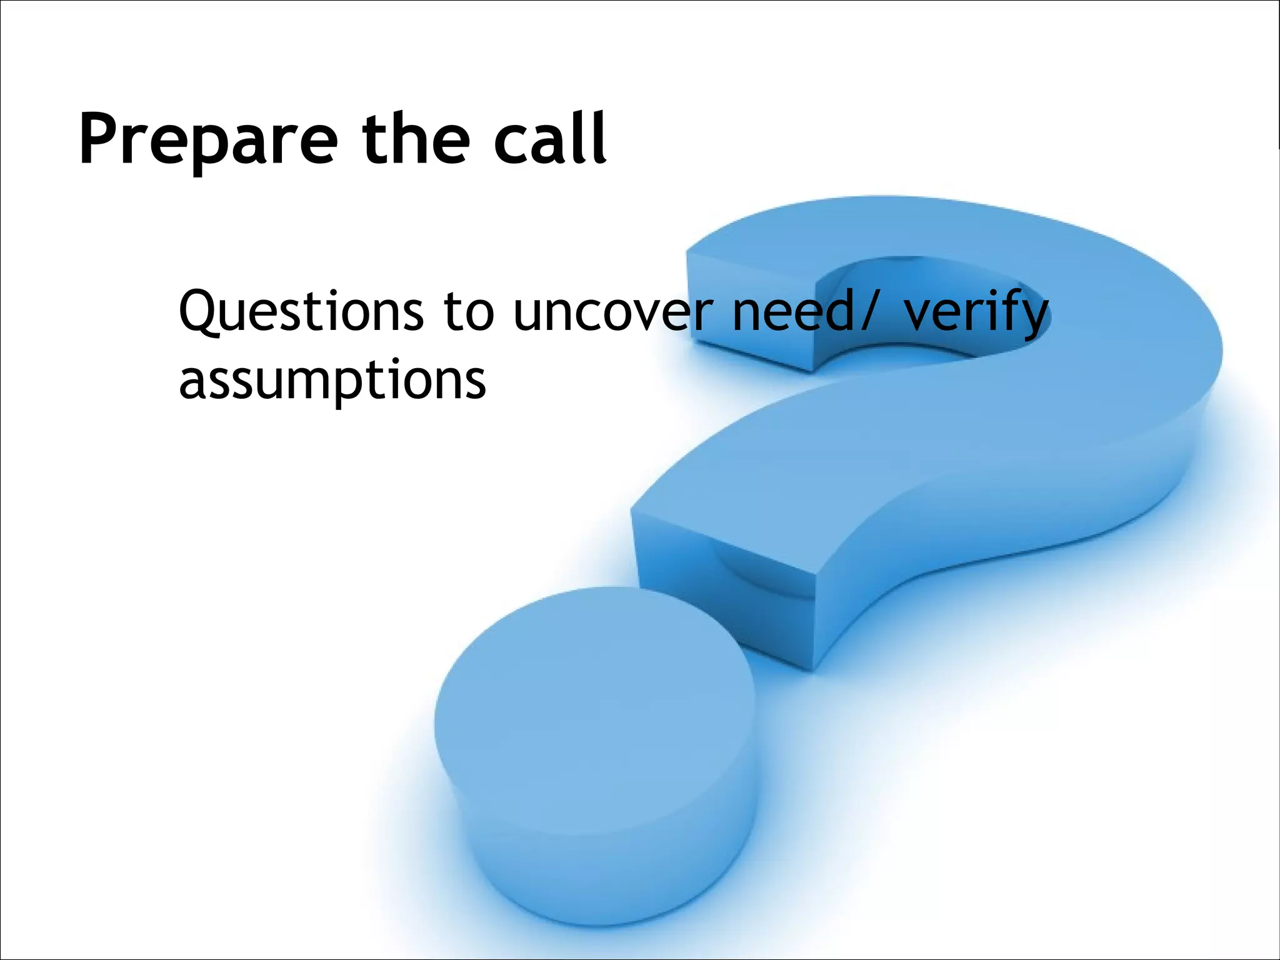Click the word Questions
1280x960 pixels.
pyautogui.click(x=301, y=312)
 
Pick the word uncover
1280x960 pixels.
pyautogui.click(x=612, y=312)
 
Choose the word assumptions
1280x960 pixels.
pyautogui.click(x=332, y=381)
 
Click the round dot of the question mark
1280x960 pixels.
pyautogui.click(x=594, y=719)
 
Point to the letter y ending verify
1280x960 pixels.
pyautogui.click(x=1034, y=319)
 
